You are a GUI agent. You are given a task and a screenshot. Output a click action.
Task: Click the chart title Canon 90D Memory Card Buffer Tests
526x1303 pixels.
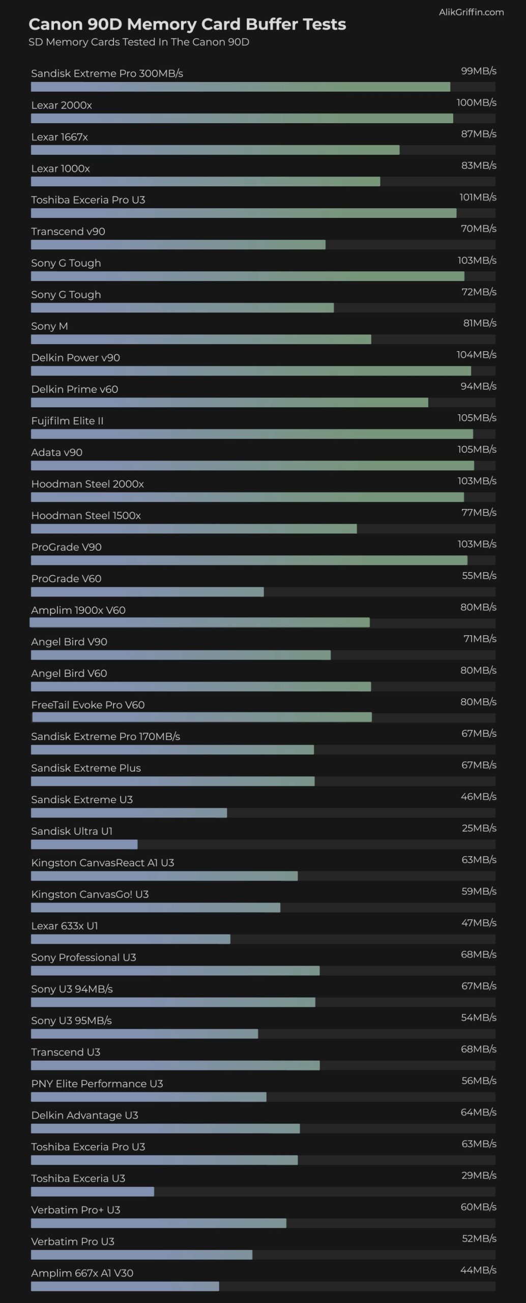pyautogui.click(x=187, y=24)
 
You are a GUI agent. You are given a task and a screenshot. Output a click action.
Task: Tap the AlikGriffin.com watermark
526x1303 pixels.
pyautogui.click(x=471, y=12)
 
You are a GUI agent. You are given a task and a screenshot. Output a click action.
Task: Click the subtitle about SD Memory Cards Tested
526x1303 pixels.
pyautogui.click(x=138, y=42)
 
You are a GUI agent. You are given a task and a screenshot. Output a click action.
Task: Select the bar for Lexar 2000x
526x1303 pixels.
pyautogui.click(x=242, y=119)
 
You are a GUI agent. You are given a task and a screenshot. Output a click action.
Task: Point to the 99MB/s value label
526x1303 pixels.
pyautogui.click(x=478, y=71)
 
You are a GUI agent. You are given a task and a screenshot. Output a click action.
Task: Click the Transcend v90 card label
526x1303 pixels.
pyautogui.click(x=68, y=232)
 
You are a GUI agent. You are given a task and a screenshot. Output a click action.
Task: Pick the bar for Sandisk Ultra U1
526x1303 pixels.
pyautogui.click(x=84, y=844)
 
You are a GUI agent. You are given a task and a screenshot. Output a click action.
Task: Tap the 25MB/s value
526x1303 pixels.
pyautogui.click(x=479, y=828)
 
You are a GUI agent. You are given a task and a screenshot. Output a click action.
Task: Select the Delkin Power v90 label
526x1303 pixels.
pyautogui.click(x=75, y=358)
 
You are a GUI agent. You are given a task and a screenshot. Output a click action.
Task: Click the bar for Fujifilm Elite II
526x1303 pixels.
pyautogui.click(x=252, y=434)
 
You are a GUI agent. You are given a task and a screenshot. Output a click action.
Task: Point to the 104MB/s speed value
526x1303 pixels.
pyautogui.click(x=476, y=355)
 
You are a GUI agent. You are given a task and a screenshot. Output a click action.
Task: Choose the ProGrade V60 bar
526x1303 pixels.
pyautogui.click(x=147, y=592)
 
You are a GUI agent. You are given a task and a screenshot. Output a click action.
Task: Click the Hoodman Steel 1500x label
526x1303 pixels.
pyautogui.click(x=86, y=516)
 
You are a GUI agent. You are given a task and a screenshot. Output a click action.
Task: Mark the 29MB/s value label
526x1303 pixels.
pyautogui.click(x=479, y=1175)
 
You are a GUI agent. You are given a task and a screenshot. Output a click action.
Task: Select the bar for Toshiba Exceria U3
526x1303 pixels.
pyautogui.click(x=92, y=1192)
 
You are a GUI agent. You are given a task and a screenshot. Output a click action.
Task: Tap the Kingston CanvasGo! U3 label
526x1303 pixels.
pyautogui.click(x=90, y=894)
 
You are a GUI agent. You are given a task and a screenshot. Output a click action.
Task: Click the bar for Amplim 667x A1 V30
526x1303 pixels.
pyautogui.click(x=125, y=1286)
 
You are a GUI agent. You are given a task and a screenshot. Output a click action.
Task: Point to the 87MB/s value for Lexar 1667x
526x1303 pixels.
pyautogui.click(x=478, y=134)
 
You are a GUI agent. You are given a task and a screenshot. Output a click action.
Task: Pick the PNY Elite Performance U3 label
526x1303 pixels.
pyautogui.click(x=97, y=1084)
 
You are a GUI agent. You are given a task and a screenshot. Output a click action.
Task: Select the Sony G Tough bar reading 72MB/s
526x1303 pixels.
pyautogui.click(x=182, y=308)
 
